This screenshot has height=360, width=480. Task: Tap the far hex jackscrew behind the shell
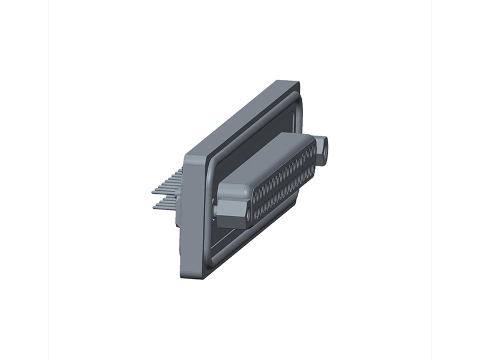pyautogui.click(x=322, y=150)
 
